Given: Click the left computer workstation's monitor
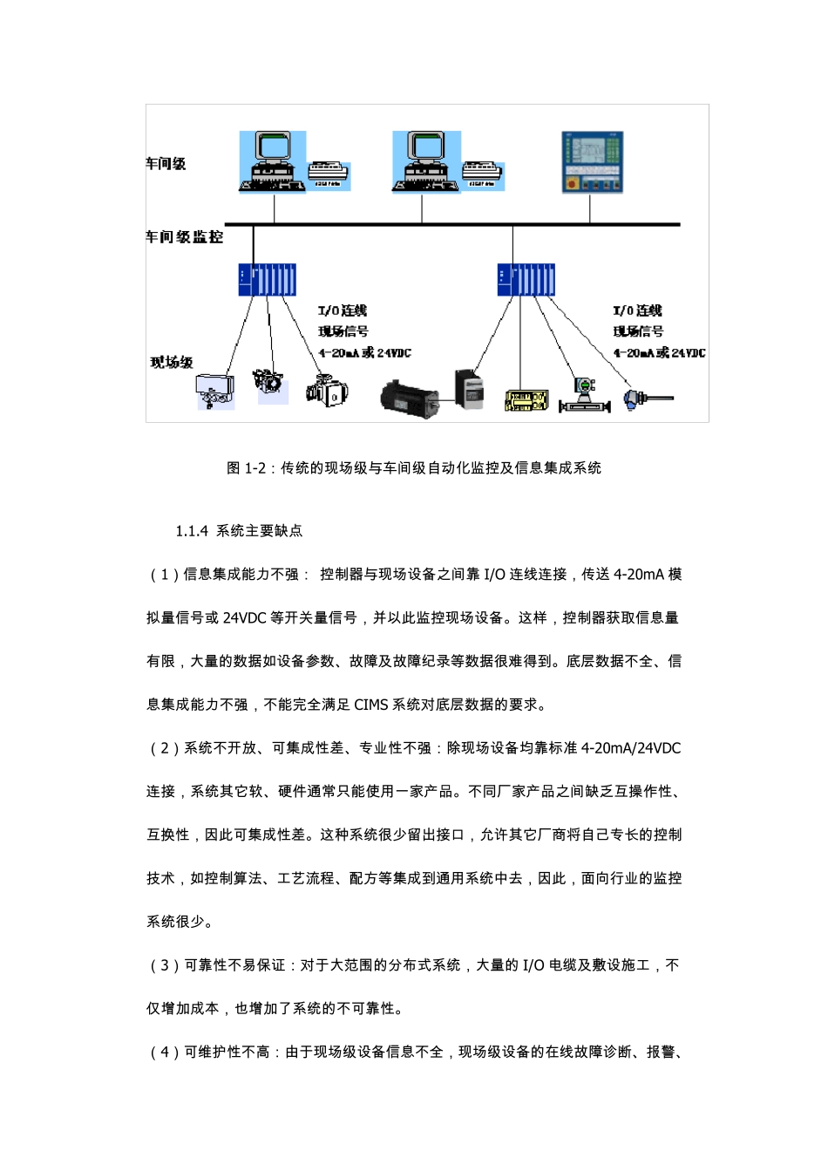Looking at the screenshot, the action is click(272, 149).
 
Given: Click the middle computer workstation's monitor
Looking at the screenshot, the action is click(426, 148).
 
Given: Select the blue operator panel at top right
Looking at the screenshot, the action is click(592, 162).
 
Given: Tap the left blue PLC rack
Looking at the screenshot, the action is click(267, 280).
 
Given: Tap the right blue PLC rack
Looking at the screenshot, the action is click(526, 280).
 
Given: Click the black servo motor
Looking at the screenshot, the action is click(409, 398).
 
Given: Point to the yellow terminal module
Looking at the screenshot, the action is click(526, 401).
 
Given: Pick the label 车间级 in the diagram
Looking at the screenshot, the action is click(166, 164).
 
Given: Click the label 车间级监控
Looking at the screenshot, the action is click(184, 237).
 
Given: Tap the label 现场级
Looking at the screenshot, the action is click(172, 362).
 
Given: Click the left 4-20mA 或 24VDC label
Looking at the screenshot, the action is click(364, 353).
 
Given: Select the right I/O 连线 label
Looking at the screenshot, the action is click(637, 310).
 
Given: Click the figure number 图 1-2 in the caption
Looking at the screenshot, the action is click(246, 468).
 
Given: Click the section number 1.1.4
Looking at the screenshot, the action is click(192, 531).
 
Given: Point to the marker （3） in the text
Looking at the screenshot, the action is click(165, 965).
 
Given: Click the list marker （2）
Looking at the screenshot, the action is click(165, 748).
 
